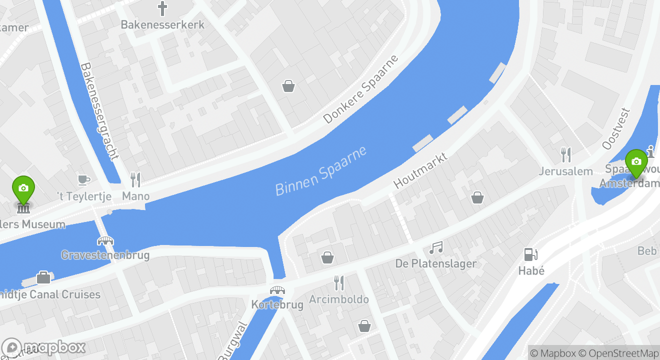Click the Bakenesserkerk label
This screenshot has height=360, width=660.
(x=162, y=24)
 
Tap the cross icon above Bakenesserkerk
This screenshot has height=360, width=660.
(x=162, y=8)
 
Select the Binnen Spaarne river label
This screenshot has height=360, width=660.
(x=321, y=171)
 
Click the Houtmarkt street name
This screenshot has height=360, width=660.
(x=420, y=170)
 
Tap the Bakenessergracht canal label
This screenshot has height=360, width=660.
(x=99, y=111)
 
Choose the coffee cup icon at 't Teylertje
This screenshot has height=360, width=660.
(x=83, y=179)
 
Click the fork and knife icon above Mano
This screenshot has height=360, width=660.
(x=135, y=179)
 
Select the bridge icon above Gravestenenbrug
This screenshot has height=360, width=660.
(x=105, y=241)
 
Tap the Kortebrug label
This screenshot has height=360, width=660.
(x=277, y=304)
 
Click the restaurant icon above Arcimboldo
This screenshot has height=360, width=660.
(x=339, y=283)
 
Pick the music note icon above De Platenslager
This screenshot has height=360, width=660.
(x=436, y=247)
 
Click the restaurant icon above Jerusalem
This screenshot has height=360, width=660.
(x=566, y=154)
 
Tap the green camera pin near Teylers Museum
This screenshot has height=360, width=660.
(x=23, y=188)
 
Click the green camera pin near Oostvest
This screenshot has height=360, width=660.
(x=636, y=162)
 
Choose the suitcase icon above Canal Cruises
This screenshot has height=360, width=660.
(x=43, y=277)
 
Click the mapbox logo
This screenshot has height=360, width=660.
(x=43, y=347)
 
